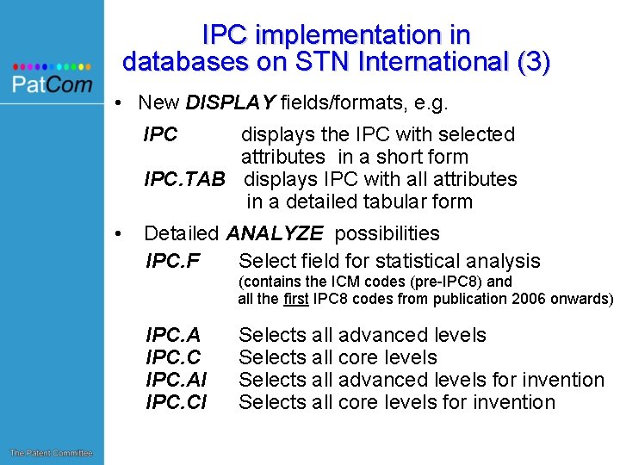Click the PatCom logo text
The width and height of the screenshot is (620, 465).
(x=52, y=84)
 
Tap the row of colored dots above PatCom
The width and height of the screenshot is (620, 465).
(x=52, y=66)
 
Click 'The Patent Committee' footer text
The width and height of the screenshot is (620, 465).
(x=51, y=453)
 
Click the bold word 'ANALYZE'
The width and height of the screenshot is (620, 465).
(x=275, y=233)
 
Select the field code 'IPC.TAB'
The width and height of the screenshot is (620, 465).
(x=184, y=179)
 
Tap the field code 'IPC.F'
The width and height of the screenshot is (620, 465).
(x=173, y=261)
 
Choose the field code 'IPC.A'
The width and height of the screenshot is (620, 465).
(x=173, y=335)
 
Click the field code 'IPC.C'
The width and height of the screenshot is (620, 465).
(x=173, y=357)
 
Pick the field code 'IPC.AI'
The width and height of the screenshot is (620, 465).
(x=177, y=380)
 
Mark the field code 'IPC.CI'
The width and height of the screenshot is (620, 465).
(x=177, y=402)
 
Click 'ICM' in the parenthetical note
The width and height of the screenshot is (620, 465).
(x=338, y=282)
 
